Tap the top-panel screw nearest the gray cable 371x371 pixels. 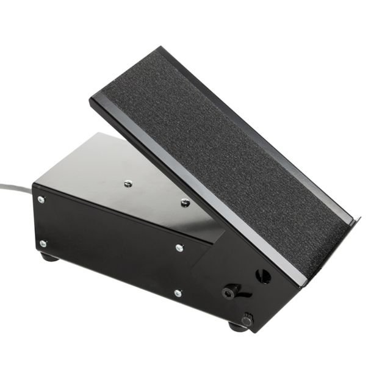128,182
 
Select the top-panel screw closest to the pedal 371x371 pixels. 185,203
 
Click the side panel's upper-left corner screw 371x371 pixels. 41,200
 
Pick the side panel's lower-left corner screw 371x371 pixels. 43,243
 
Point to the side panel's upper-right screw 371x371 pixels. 179,247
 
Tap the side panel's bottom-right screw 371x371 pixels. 177,293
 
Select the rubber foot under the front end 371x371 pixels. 237,326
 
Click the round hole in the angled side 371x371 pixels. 264,276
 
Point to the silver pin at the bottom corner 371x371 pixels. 247,320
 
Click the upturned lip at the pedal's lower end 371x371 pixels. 353,226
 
